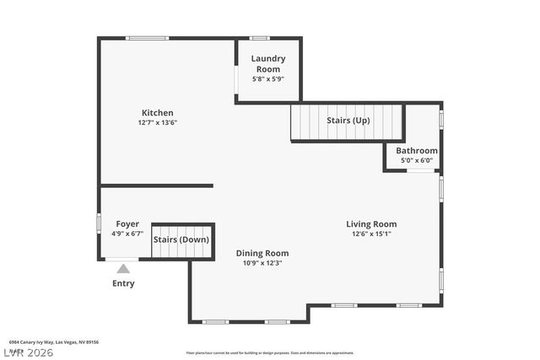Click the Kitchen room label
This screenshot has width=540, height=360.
coord(157,113)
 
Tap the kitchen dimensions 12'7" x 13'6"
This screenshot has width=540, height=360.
coord(157,122)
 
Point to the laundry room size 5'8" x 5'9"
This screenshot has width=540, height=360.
coord(268,79)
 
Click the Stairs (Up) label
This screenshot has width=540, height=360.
coord(348,121)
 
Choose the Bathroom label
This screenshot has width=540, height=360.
coord(417,151)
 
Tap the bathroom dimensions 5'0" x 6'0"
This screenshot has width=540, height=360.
coord(416,160)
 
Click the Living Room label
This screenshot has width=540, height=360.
coord(371,224)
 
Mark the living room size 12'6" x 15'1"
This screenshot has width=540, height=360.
coord(371,234)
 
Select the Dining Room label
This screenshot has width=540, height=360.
coord(262,253)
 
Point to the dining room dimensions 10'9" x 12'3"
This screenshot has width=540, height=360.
coord(262,263)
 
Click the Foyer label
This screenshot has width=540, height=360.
coord(127,224)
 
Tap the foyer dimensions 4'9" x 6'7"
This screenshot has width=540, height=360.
coord(127,234)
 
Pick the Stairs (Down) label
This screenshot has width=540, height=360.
coord(181,239)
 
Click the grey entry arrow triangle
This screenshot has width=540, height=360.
coord(123,269)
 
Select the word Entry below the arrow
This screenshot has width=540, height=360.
coord(123,284)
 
